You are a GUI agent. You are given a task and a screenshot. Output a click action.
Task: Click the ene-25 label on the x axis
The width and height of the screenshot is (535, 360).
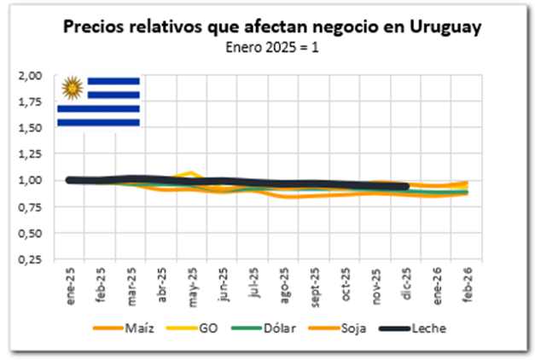tap(69, 282)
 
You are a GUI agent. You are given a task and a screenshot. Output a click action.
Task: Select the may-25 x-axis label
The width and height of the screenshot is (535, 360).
tap(193, 282)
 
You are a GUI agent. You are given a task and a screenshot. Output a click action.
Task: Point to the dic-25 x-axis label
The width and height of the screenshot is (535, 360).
tap(408, 282)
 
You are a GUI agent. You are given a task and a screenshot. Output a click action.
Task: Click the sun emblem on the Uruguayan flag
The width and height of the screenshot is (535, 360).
tap(73, 87)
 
